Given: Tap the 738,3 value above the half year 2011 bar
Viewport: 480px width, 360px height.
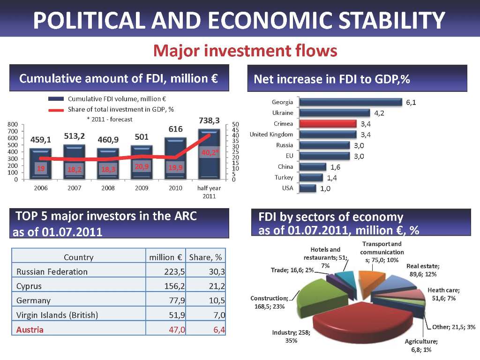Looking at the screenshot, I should [210, 120].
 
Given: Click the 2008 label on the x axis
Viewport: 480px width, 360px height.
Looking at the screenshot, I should [109, 188].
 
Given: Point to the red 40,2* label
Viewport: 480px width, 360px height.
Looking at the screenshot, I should [210, 152].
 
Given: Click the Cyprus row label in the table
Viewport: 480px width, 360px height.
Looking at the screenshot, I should [29, 286].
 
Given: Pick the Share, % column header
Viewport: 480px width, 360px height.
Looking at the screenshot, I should [205, 257].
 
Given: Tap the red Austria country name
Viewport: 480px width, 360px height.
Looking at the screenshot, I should [30, 330].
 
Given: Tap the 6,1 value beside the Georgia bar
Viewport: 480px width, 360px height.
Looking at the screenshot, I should [411, 102].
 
